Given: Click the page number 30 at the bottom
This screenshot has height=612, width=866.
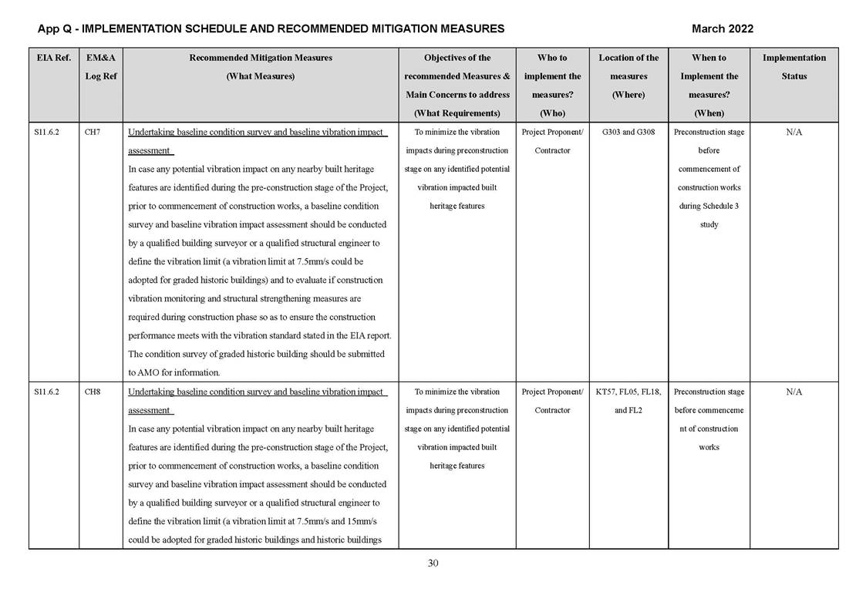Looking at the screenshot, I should tap(433, 563).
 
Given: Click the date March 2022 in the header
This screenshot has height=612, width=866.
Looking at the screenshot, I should tap(722, 29).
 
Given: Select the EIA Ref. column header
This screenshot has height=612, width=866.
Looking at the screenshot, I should tap(53, 58).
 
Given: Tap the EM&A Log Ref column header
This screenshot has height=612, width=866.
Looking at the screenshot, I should tap(100, 67).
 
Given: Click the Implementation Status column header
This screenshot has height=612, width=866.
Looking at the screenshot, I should tap(794, 67).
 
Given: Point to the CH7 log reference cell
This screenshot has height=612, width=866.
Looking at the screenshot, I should tap(92, 133).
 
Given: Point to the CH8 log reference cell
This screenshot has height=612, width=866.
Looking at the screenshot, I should tap(92, 392).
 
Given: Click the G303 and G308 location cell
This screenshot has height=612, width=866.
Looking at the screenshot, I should tap(628, 133).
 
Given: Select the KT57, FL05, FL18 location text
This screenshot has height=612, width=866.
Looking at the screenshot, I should tap(628, 392).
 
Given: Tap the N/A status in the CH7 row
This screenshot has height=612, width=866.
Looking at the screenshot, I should tap(794, 133).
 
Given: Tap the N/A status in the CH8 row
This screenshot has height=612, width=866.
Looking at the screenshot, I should tap(794, 392).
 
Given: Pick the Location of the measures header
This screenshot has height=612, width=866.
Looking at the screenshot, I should tap(628, 76).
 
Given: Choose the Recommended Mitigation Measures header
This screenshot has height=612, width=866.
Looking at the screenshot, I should tap(260, 67).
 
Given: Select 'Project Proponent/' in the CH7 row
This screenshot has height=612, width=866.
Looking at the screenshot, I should tap(552, 133).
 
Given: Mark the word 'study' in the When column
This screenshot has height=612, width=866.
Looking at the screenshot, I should tap(709, 225).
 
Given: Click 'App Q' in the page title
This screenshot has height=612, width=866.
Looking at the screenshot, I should tap(56, 29).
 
